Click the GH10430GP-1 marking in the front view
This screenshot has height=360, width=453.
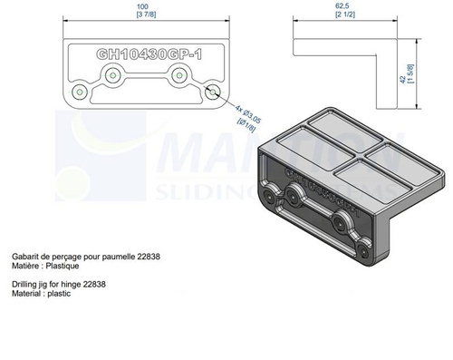point(146,54)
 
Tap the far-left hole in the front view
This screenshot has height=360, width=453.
point(80,92)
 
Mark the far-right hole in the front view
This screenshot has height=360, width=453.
point(213,92)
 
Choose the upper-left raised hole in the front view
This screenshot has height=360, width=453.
point(113,76)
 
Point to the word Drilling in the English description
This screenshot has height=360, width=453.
point(24,284)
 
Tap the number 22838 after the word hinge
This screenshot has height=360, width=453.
point(94,284)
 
